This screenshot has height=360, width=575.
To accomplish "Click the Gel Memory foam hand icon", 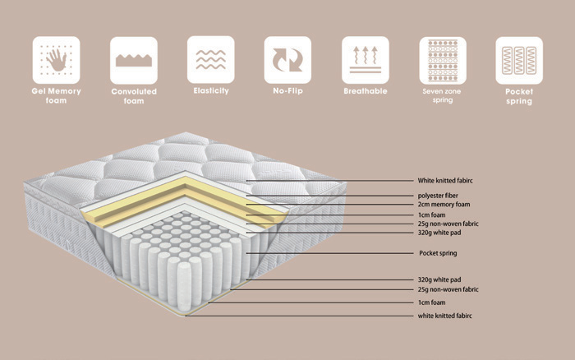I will [x=57, y=59].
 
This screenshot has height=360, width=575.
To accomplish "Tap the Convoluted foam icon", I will [x=134, y=59].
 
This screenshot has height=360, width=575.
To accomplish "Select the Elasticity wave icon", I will [x=210, y=59].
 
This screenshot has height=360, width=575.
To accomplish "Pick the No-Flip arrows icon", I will [x=287, y=59].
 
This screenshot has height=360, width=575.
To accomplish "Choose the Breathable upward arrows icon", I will [x=365, y=59].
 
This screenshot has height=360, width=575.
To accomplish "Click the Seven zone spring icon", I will [x=442, y=59].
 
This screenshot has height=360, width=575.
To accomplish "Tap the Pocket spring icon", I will [x=519, y=59].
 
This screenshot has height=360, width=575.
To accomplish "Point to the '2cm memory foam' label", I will [x=444, y=205].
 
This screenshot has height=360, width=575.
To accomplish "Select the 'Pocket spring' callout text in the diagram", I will [x=438, y=253].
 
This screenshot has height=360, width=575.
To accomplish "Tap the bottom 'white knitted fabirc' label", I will [x=445, y=316].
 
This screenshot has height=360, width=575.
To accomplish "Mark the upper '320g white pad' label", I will [x=444, y=233].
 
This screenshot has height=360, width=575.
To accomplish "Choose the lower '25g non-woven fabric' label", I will [x=448, y=289].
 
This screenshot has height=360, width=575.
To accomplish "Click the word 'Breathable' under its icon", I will [x=365, y=91].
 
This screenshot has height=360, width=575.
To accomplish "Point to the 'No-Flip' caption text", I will [x=287, y=91].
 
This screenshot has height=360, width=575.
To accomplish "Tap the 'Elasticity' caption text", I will [x=210, y=91].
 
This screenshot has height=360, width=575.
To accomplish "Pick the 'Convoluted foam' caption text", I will [x=134, y=96].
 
